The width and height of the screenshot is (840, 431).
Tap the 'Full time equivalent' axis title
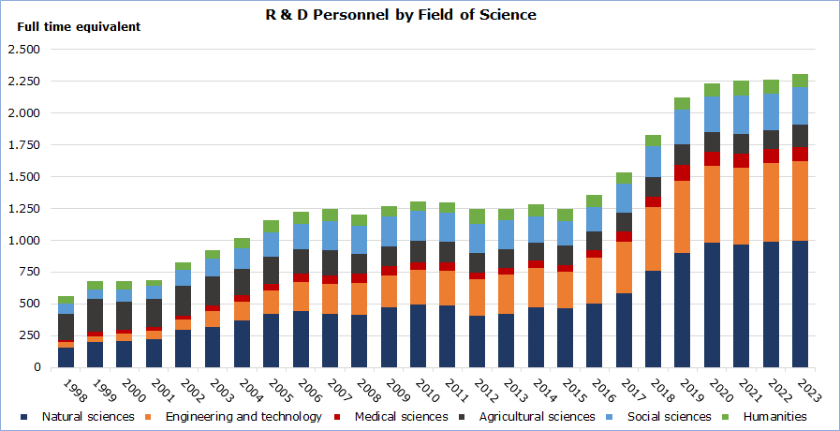[x=79, y=27]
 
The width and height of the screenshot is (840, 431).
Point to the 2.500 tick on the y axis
[x=23, y=50]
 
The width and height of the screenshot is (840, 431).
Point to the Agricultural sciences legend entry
[x=537, y=416]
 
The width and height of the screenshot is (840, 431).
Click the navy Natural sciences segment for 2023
[x=800, y=304]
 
